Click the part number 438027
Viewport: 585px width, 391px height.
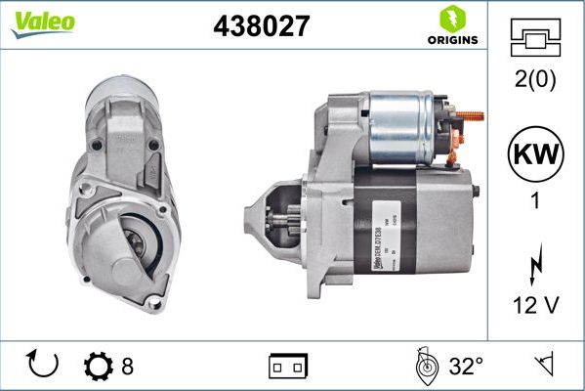click(261, 27)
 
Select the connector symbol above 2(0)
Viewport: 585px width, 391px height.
click(536, 40)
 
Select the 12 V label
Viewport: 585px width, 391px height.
click(536, 306)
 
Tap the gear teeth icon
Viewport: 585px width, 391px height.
click(99, 367)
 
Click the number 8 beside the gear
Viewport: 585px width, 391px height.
click(127, 367)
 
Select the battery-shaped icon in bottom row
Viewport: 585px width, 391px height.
click(288, 367)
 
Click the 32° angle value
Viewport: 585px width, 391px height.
click(466, 367)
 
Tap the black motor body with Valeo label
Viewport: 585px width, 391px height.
click(410, 220)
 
